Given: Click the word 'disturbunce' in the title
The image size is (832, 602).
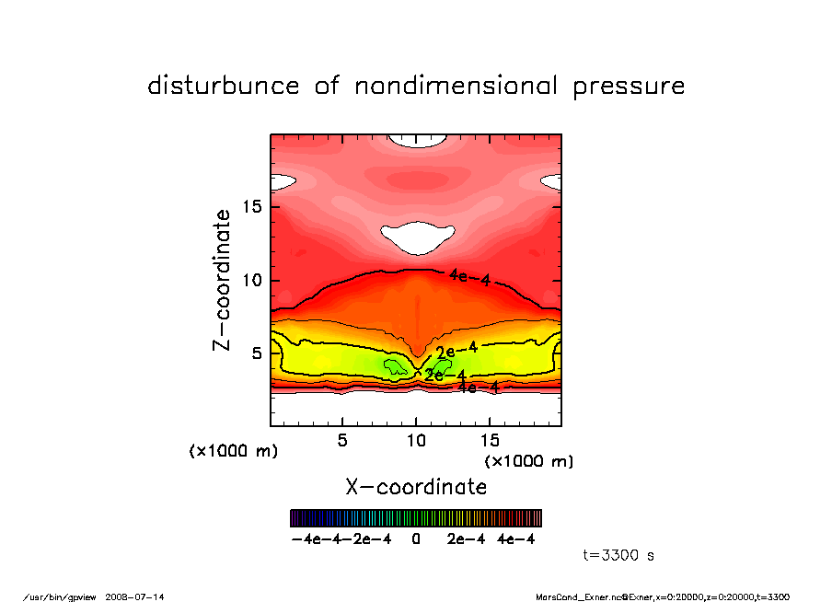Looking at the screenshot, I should pos(224,87).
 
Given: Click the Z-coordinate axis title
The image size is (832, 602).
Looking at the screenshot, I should pos(222,280).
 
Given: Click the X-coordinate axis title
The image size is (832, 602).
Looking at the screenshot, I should pos(416,486).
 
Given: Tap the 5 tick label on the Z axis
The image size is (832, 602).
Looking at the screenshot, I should pos(259,353).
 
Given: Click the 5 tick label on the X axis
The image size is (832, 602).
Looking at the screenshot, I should pos(342,441).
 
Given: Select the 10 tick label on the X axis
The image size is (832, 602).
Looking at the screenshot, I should pos(416,441).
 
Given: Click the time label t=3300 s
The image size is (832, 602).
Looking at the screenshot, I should pos(618,555).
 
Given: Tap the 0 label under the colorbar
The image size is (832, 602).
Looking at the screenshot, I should pos(416,539).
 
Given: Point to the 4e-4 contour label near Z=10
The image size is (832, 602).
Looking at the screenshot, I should pos(469,277).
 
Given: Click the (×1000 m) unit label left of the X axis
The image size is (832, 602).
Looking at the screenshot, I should pos(233,451).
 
